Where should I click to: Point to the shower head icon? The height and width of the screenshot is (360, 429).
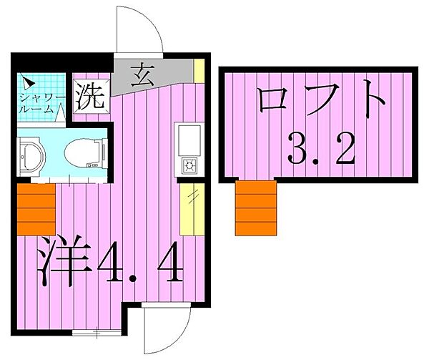tap(25, 81)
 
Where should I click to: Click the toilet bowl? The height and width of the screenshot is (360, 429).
tap(84, 151)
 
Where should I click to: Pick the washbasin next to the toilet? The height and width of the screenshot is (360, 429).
tap(31, 152)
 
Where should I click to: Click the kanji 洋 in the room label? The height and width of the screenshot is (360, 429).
tap(64, 261)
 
